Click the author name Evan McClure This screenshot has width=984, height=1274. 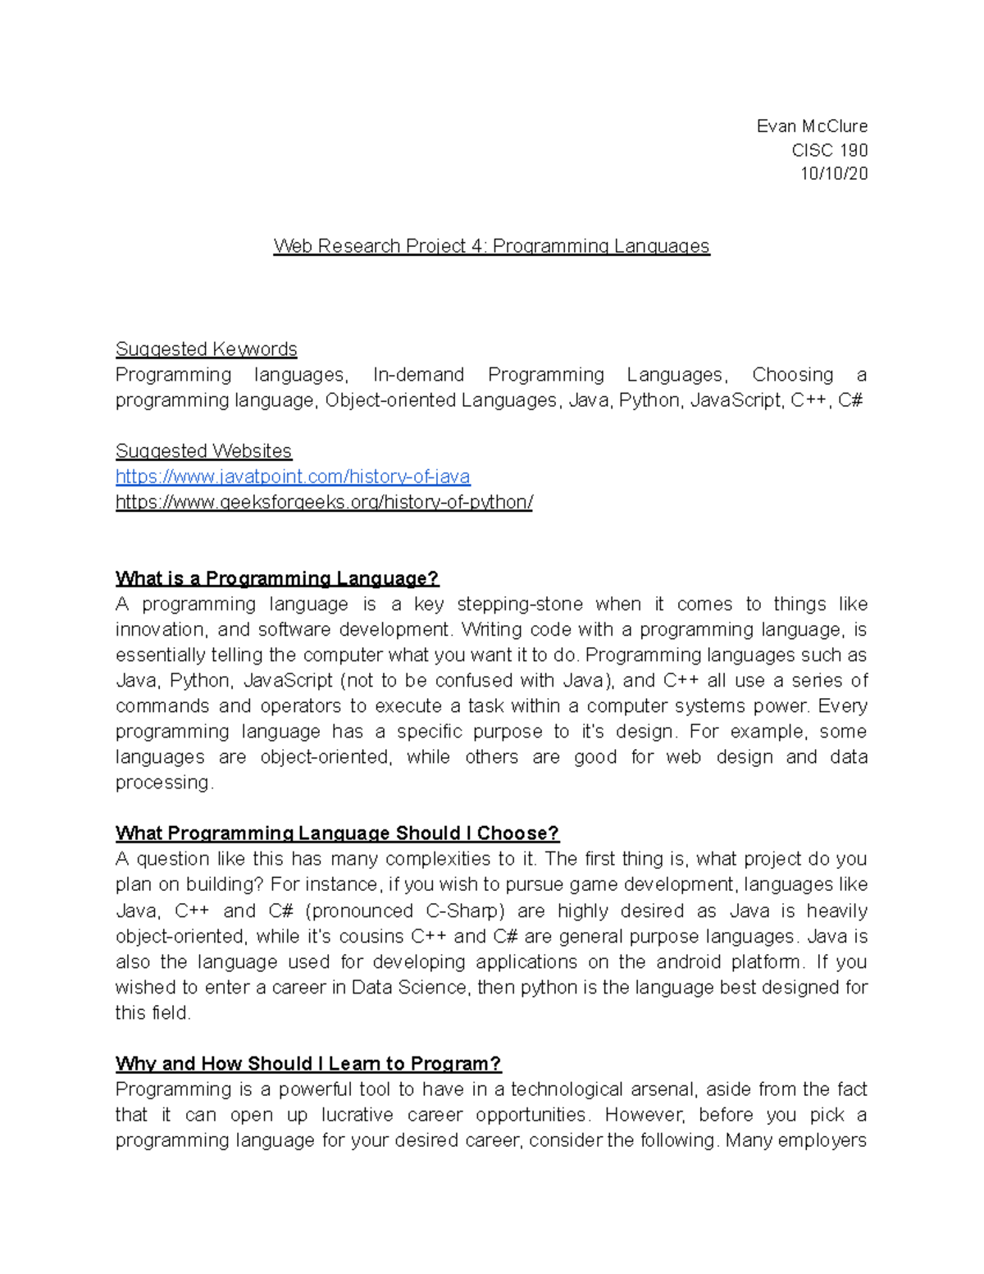tap(811, 126)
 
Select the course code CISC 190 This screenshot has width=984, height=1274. tap(829, 150)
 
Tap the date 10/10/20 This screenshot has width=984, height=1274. tap(833, 174)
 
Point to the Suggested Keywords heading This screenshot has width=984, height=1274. tap(206, 349)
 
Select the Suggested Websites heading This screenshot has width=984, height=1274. tap(203, 450)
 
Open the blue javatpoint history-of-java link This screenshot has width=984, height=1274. tap(293, 477)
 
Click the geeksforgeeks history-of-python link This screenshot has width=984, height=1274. tap(324, 502)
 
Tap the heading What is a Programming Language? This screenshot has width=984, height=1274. tap(277, 578)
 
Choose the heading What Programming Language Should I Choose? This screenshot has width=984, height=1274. tap(337, 833)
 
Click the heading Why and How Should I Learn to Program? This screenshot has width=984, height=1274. tap(307, 1064)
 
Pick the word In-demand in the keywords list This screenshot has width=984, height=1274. tap(417, 375)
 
